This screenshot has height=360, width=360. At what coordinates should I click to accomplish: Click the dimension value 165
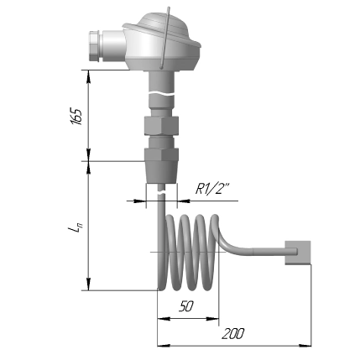pyautogui.click(x=74, y=115)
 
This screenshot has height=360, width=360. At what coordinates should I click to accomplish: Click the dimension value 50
pyautogui.click(x=186, y=307)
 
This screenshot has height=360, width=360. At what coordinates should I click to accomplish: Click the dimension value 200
pyautogui.click(x=233, y=333)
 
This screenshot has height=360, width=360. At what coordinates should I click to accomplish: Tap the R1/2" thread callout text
pyautogui.click(x=212, y=189)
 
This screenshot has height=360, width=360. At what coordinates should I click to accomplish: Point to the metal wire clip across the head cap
pyautogui.click(x=170, y=34)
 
